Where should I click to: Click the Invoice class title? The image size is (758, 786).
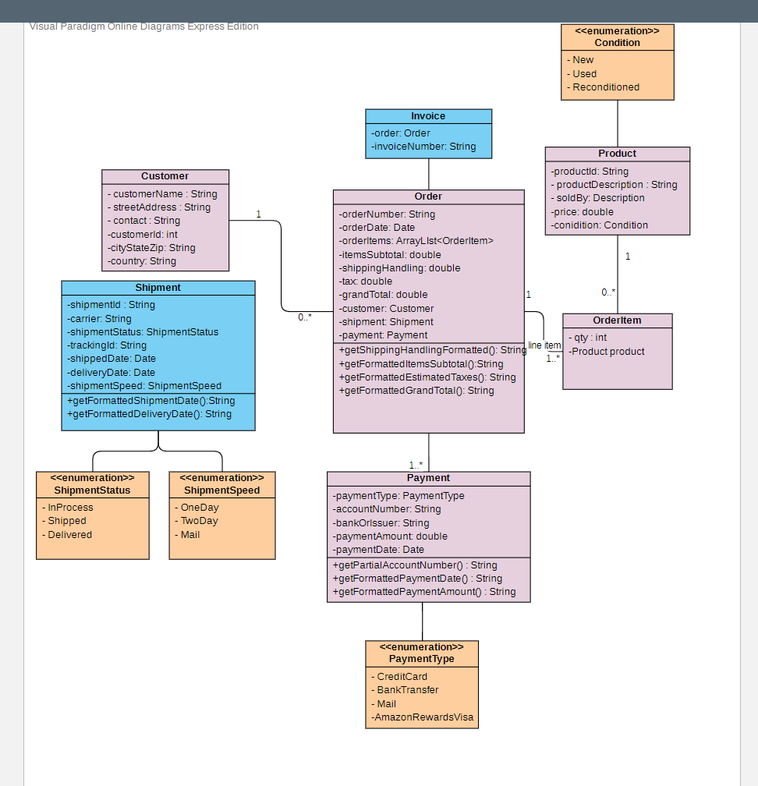tap(428, 116)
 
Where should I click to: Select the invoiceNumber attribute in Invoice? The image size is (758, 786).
tap(423, 147)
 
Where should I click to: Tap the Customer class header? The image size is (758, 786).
tap(165, 176)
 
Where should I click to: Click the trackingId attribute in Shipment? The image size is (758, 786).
tap(107, 345)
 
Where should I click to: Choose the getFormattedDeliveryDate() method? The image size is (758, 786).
tap(149, 414)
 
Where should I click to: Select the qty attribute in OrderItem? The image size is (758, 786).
tap(587, 338)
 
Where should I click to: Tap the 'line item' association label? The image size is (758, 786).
tap(544, 345)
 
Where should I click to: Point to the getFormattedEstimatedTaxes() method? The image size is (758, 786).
tap(427, 377)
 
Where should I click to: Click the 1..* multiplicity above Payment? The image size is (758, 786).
tap(416, 465)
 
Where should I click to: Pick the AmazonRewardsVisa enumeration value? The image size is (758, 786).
tap(423, 717)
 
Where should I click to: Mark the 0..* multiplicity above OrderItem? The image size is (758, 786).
tap(608, 292)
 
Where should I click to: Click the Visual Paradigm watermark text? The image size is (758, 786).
tap(144, 27)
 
